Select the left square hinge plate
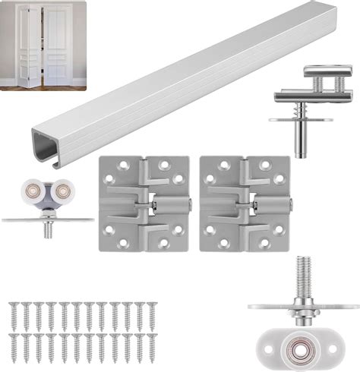(x=144, y=203)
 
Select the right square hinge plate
(x=245, y=203)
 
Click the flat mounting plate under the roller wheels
(x=47, y=219)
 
